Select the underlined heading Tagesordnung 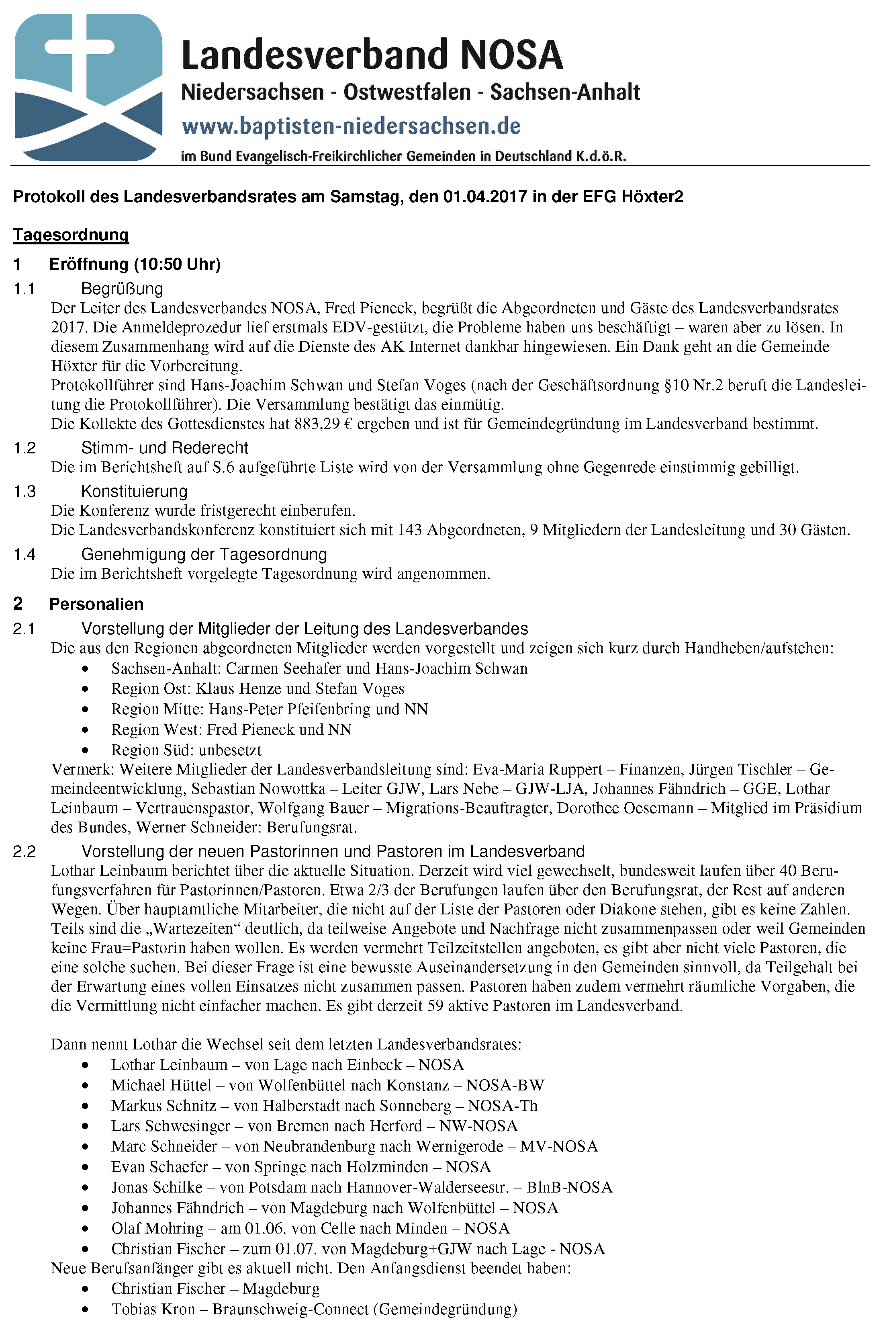71,234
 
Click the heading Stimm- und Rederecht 164,448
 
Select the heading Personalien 96,604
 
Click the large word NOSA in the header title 511,55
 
